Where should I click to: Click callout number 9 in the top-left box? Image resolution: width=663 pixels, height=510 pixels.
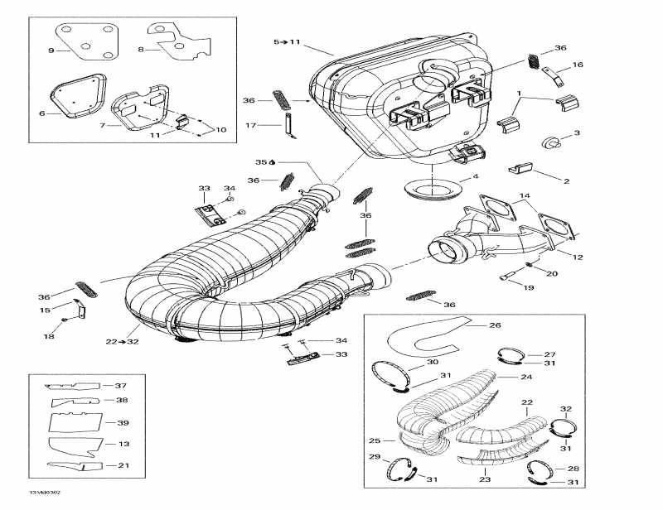click(51, 51)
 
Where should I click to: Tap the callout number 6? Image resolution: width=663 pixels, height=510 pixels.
click(41, 113)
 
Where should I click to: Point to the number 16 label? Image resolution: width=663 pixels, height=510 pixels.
click(578, 65)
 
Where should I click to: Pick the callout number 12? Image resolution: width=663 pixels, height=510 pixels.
click(578, 257)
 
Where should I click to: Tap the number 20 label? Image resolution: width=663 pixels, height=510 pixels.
click(552, 272)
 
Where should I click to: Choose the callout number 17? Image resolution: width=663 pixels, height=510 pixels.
click(250, 126)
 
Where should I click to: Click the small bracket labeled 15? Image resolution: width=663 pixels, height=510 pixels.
click(80, 310)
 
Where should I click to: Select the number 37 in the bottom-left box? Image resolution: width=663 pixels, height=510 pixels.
click(122, 386)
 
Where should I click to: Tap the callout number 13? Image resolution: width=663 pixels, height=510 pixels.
click(123, 445)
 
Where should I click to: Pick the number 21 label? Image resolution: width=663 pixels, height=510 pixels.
click(123, 465)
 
